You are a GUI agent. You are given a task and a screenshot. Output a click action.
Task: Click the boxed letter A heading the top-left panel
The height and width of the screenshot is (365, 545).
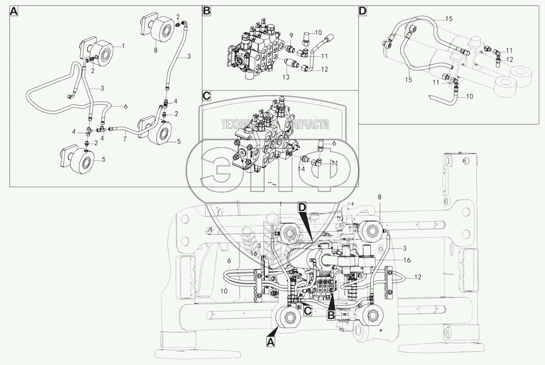click(x=14, y=11)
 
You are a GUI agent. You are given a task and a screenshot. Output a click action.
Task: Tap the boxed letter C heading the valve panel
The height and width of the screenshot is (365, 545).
click(x=206, y=96)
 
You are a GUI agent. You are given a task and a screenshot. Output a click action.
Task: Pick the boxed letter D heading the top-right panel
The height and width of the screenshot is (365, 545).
click(x=363, y=11)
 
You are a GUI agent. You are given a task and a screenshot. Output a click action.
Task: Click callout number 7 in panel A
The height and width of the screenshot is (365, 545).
click(x=125, y=139)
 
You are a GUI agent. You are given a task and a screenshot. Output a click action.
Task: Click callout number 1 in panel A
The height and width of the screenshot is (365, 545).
click(x=123, y=46)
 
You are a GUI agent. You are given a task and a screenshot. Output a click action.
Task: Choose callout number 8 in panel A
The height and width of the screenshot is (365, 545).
click(x=156, y=50)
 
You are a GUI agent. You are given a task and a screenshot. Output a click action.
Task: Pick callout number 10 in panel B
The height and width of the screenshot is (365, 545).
click(x=318, y=32)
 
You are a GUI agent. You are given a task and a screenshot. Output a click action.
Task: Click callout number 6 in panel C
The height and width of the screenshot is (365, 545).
click(x=334, y=143)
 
